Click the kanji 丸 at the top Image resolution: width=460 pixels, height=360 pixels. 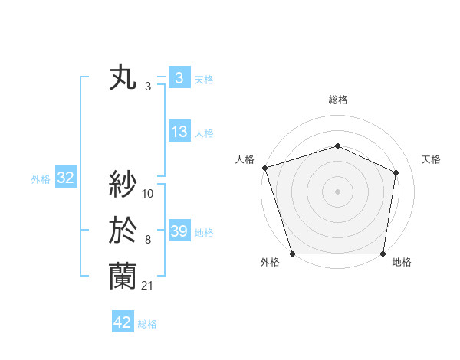(x=123, y=79)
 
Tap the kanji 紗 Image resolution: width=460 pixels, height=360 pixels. (x=123, y=184)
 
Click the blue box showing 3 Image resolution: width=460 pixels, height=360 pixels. (x=179, y=78)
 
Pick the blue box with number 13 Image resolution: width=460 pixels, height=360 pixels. (x=179, y=132)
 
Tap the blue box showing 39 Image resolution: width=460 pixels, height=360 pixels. (x=179, y=231)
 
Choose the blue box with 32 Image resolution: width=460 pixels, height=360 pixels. (x=65, y=178)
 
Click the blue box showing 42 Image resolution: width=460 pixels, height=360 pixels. (x=122, y=322)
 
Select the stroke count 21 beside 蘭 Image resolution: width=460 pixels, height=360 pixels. (x=147, y=286)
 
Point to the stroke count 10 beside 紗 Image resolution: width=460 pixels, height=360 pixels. (x=148, y=194)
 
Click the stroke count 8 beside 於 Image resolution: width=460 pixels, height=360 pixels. (x=147, y=240)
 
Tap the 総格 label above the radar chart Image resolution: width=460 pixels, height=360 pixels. (x=338, y=100)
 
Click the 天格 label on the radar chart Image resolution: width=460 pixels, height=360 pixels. (x=431, y=159)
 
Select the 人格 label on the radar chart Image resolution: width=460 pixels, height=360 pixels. (x=245, y=159)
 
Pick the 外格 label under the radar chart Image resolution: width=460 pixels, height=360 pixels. (x=270, y=263)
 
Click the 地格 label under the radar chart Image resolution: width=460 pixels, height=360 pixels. (x=402, y=263)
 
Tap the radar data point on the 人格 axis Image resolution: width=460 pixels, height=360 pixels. (x=264, y=168)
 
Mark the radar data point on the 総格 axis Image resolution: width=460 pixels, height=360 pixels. (x=337, y=146)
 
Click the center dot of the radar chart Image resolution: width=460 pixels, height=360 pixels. (x=337, y=191)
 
